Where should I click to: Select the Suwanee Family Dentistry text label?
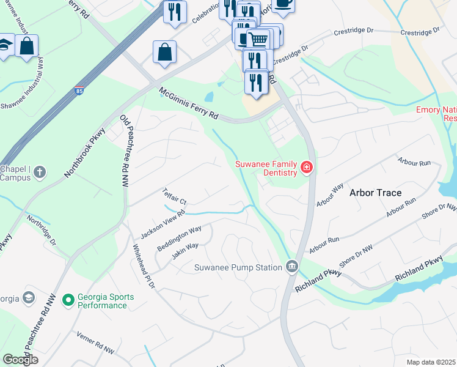coord(266,168)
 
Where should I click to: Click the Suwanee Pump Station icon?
coord(291,267)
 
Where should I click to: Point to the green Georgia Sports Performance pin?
coord(68,298)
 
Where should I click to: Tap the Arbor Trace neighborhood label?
coord(375,193)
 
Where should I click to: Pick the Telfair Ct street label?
coord(174,196)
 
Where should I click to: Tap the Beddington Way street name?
coord(179,238)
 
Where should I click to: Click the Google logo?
coord(21,359)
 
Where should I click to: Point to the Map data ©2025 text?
coord(431,362)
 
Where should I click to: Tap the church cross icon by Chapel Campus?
coord(40,173)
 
